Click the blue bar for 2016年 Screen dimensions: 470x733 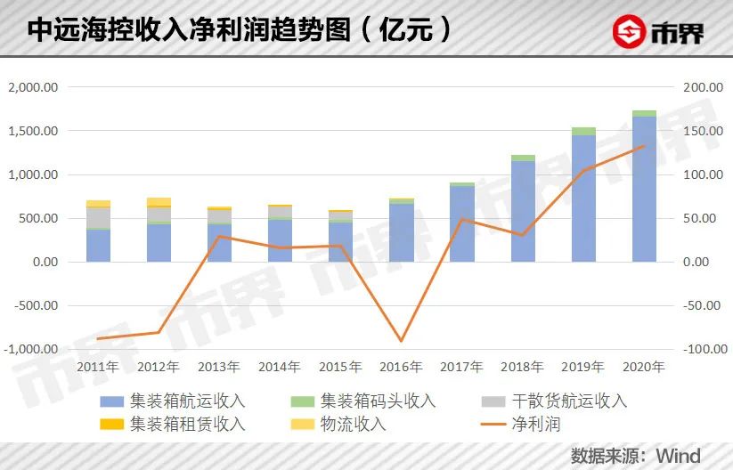coord(401,232)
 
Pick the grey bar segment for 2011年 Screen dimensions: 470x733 coord(98,217)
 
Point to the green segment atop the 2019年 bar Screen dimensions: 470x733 coord(583,131)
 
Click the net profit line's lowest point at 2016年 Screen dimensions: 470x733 coord(402,341)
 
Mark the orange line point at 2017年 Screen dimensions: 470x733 coord(462,219)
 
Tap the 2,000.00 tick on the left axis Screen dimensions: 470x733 coord(32,87)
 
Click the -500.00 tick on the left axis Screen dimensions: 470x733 coord(34,305)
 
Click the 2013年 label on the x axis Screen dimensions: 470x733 coord(219,367)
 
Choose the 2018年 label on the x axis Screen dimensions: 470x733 coord(523,367)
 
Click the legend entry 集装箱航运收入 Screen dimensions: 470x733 coord(187,401)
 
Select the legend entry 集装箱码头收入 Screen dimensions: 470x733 coord(378,401)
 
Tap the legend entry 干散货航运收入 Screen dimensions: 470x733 coord(570,401)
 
